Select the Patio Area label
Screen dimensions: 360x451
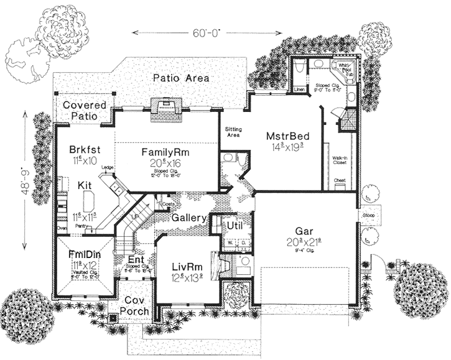click(x=181, y=78)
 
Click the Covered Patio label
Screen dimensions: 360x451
click(x=84, y=110)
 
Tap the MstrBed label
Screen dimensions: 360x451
click(x=284, y=136)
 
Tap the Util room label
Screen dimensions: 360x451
click(x=234, y=224)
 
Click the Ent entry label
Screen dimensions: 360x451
click(x=136, y=259)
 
